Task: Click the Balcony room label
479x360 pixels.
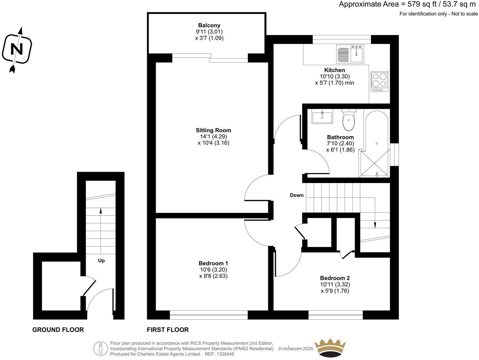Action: [x=209, y=25]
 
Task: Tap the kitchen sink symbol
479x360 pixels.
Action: [x=350, y=54]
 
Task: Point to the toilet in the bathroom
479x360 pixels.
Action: [x=348, y=120]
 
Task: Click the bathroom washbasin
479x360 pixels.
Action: [x=322, y=116]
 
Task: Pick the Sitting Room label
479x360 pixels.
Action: [x=213, y=130]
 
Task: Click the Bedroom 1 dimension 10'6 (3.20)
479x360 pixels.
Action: [x=213, y=270]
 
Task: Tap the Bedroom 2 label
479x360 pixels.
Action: [x=335, y=278]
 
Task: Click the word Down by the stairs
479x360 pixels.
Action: [x=297, y=195]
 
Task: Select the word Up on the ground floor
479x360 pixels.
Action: [x=101, y=261]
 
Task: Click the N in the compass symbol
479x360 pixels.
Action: [x=17, y=49]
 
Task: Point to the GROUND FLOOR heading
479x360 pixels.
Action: [x=58, y=330]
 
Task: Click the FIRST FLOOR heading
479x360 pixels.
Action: [x=168, y=330]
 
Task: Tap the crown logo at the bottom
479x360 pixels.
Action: [x=330, y=348]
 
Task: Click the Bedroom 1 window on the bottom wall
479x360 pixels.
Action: [x=208, y=315]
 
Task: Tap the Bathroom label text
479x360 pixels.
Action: [x=340, y=137]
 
